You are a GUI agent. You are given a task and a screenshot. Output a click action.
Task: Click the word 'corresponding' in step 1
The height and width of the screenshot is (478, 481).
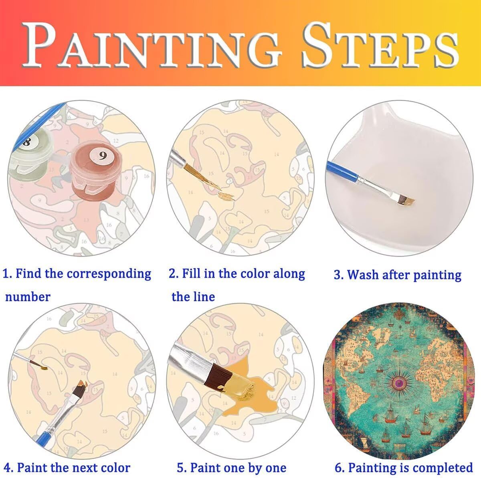[x=109, y=274]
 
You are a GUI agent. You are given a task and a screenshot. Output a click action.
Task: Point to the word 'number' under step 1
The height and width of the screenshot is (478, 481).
[x=28, y=297]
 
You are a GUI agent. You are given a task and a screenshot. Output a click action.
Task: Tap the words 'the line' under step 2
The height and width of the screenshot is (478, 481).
[x=193, y=297]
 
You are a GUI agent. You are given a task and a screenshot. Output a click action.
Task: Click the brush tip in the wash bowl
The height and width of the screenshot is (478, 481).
[x=406, y=201]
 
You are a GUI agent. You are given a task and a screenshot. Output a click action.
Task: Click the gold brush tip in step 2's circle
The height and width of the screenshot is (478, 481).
[x=226, y=196]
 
